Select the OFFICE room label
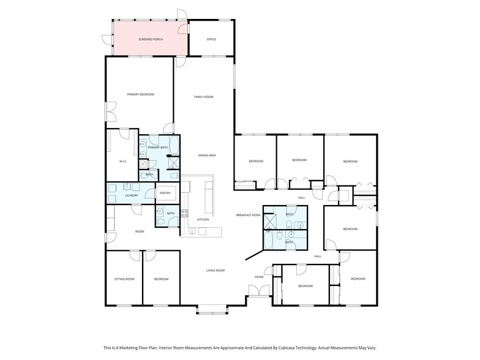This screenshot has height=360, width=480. (x=211, y=39)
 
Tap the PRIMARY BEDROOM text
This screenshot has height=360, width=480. (x=140, y=94)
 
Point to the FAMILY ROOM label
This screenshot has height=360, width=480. (x=203, y=97)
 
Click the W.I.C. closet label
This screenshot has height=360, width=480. (x=122, y=161)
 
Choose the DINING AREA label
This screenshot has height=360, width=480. (x=207, y=156)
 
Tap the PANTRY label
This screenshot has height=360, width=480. (x=165, y=193)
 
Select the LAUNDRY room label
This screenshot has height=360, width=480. (x=132, y=196)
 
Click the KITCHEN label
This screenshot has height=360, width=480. (x=203, y=219)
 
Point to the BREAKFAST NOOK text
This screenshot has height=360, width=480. (x=249, y=215)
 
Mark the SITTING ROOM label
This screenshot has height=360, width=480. (x=124, y=279)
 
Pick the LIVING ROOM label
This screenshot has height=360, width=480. (x=215, y=270)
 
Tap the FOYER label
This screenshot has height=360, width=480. (x=259, y=277)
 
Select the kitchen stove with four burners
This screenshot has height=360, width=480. (x=184, y=214)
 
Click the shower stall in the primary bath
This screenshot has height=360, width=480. (x=173, y=163)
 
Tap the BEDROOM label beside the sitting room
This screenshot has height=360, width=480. (x=161, y=279)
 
